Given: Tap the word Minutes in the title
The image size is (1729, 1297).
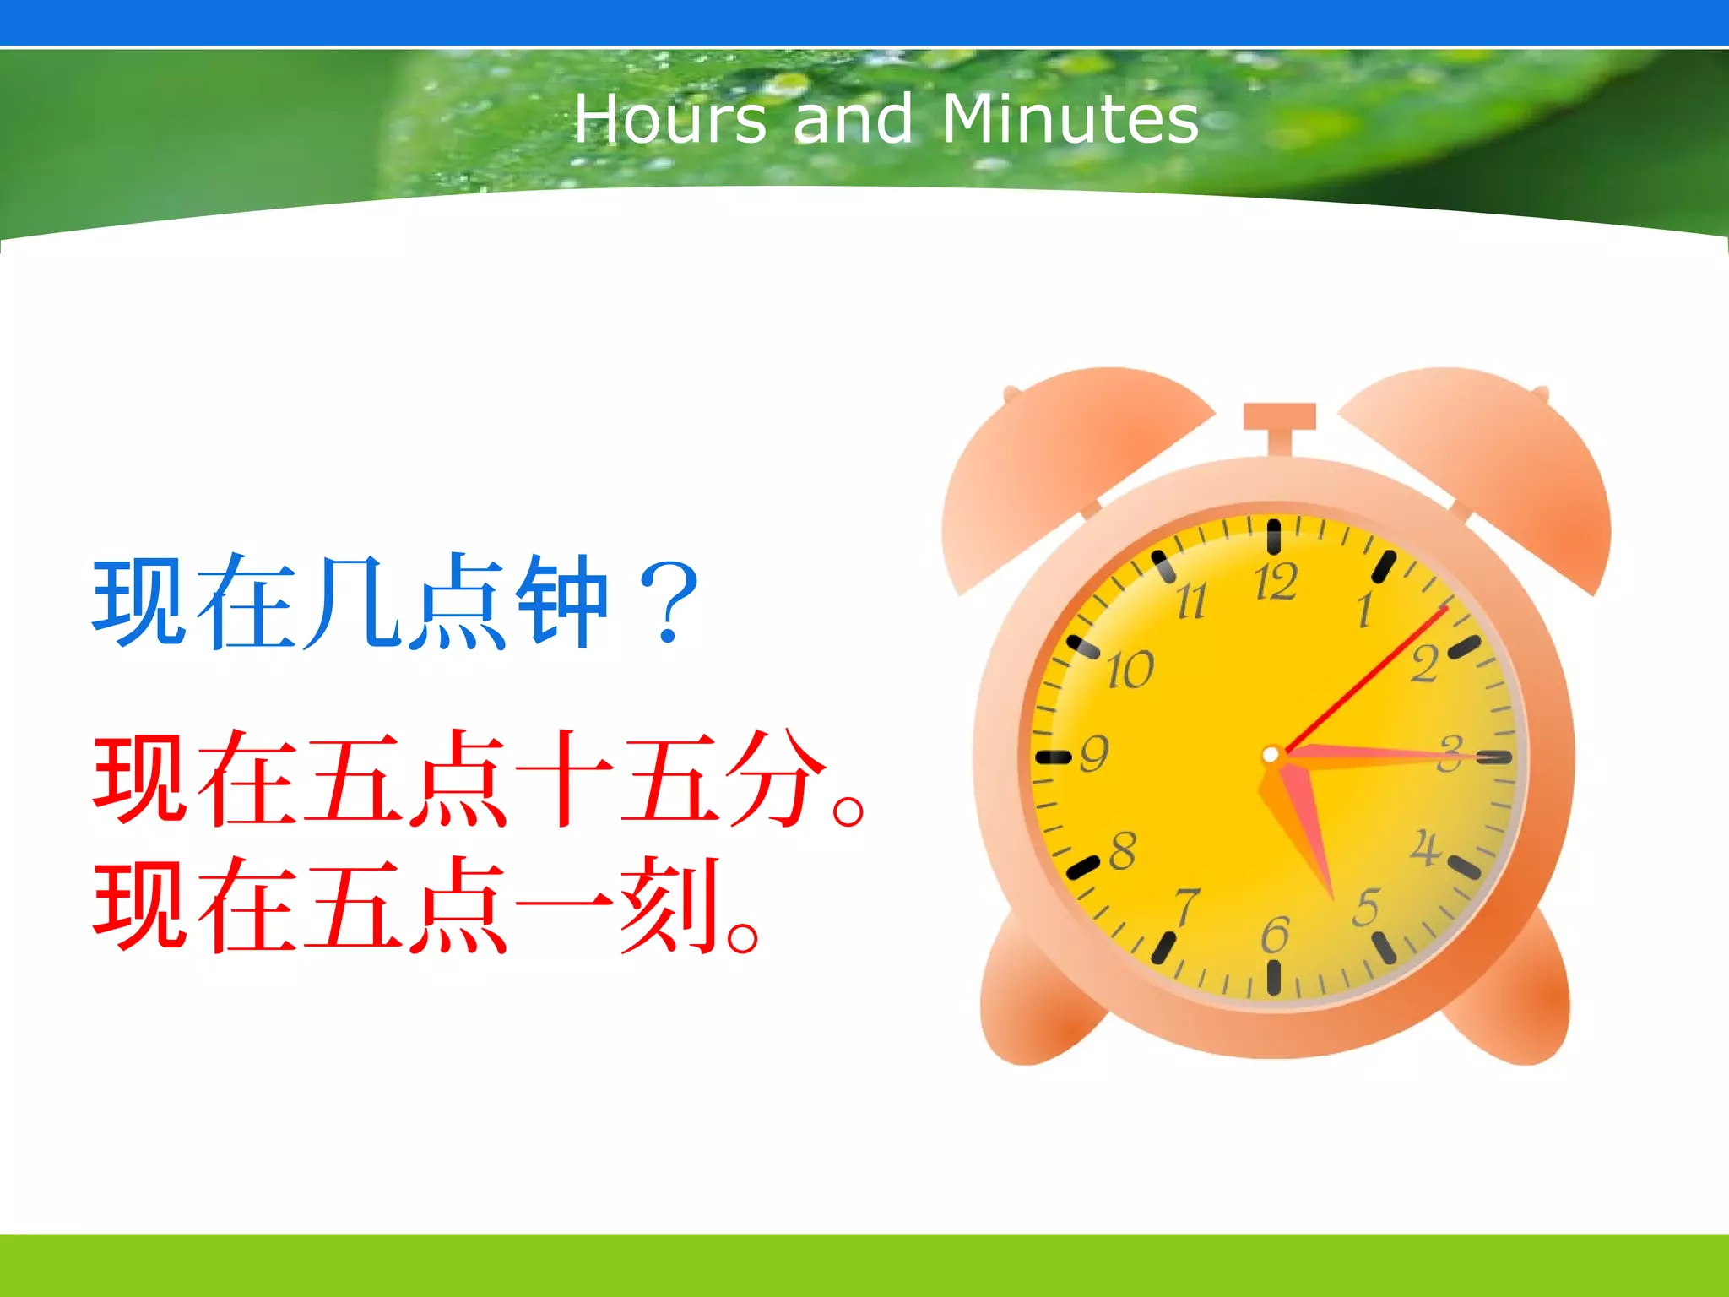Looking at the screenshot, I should click(x=1070, y=119).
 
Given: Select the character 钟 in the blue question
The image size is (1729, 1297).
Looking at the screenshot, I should click(x=561, y=601).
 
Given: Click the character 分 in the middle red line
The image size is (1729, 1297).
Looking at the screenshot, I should click(x=777, y=777).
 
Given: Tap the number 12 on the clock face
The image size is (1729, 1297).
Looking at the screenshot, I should click(x=1275, y=583).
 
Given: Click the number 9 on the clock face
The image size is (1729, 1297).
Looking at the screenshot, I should click(x=1094, y=753).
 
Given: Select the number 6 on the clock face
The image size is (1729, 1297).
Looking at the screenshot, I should click(x=1275, y=935).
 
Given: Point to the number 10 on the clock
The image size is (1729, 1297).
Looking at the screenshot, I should click(x=1130, y=670).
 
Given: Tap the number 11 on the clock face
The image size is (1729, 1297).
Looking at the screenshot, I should click(x=1191, y=601).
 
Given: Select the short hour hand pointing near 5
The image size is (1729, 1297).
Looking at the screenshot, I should click(x=1304, y=832).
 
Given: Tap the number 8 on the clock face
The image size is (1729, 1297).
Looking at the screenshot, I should click(x=1122, y=850).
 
